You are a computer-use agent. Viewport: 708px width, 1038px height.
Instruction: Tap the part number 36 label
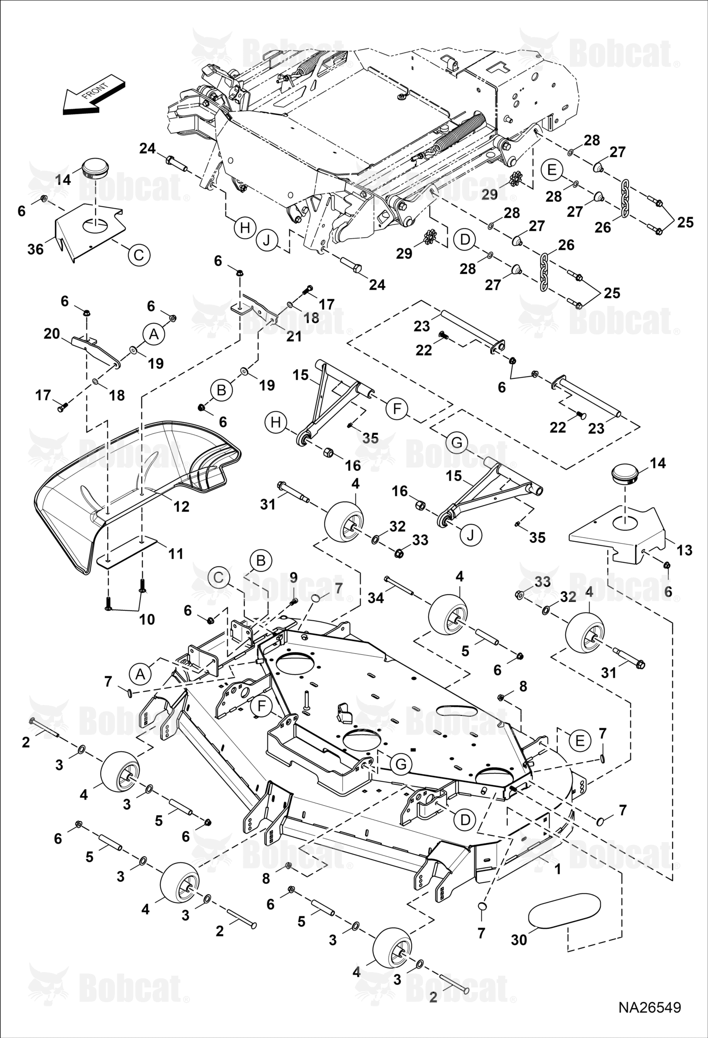pos(35,249)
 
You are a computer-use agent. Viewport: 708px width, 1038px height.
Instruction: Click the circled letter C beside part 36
pos(138,255)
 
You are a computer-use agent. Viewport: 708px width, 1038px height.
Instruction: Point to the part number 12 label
pos(181,507)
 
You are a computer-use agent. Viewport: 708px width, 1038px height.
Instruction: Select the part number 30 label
pos(519,940)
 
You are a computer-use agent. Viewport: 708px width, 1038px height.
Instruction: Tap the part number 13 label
pos(684,550)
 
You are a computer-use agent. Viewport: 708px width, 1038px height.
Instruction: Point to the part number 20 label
pos(52,334)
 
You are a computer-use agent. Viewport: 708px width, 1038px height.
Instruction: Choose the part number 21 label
pos(294,336)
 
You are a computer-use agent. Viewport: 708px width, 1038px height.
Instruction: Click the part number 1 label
pos(558,869)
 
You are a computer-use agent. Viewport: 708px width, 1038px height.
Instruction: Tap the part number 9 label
pos(294,577)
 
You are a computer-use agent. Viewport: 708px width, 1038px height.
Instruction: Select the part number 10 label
pos(147,619)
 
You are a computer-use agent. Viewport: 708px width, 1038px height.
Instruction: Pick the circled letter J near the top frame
pos(268,241)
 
